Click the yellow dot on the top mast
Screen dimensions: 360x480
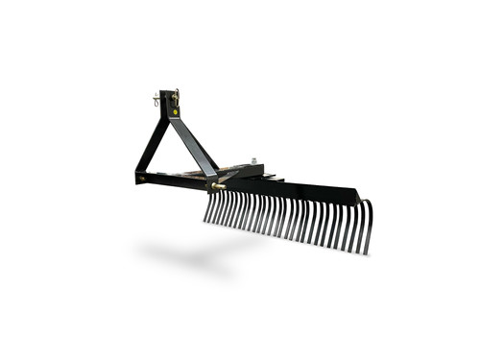pos(176,111)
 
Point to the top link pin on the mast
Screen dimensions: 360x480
pos(177,93)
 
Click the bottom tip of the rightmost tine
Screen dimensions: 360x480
pos(366,253)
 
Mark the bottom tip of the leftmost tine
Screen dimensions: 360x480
pos(204,221)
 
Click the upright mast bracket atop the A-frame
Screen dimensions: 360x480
pos(170,106)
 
